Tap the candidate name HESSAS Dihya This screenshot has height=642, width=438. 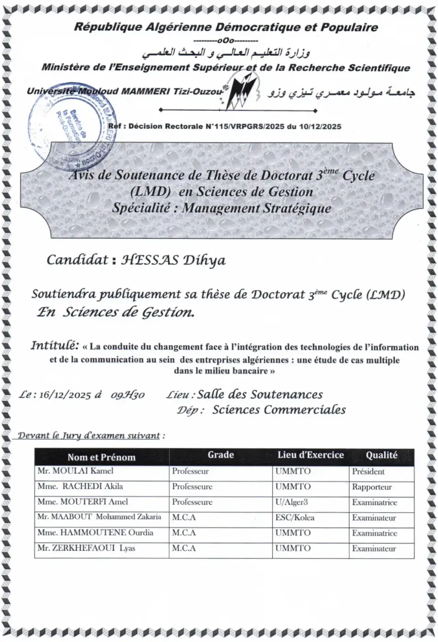(173, 260)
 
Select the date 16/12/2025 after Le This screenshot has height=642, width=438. (65, 395)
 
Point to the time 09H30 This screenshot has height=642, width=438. (128, 395)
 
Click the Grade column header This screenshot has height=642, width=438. (220, 455)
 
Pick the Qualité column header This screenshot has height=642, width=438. (381, 455)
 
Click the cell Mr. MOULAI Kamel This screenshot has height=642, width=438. (75, 471)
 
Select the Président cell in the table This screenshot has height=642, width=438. (368, 471)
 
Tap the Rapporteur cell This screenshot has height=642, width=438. (372, 487)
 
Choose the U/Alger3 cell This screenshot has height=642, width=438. (292, 502)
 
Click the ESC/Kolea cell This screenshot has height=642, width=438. (295, 518)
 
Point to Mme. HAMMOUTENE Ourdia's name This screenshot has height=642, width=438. (95, 533)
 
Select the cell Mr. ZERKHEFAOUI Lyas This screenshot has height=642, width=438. (86, 548)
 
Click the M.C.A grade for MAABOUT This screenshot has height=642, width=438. (184, 518)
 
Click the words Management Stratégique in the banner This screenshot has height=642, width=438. (256, 208)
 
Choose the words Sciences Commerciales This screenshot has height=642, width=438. (279, 410)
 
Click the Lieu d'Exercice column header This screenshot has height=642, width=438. (310, 455)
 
